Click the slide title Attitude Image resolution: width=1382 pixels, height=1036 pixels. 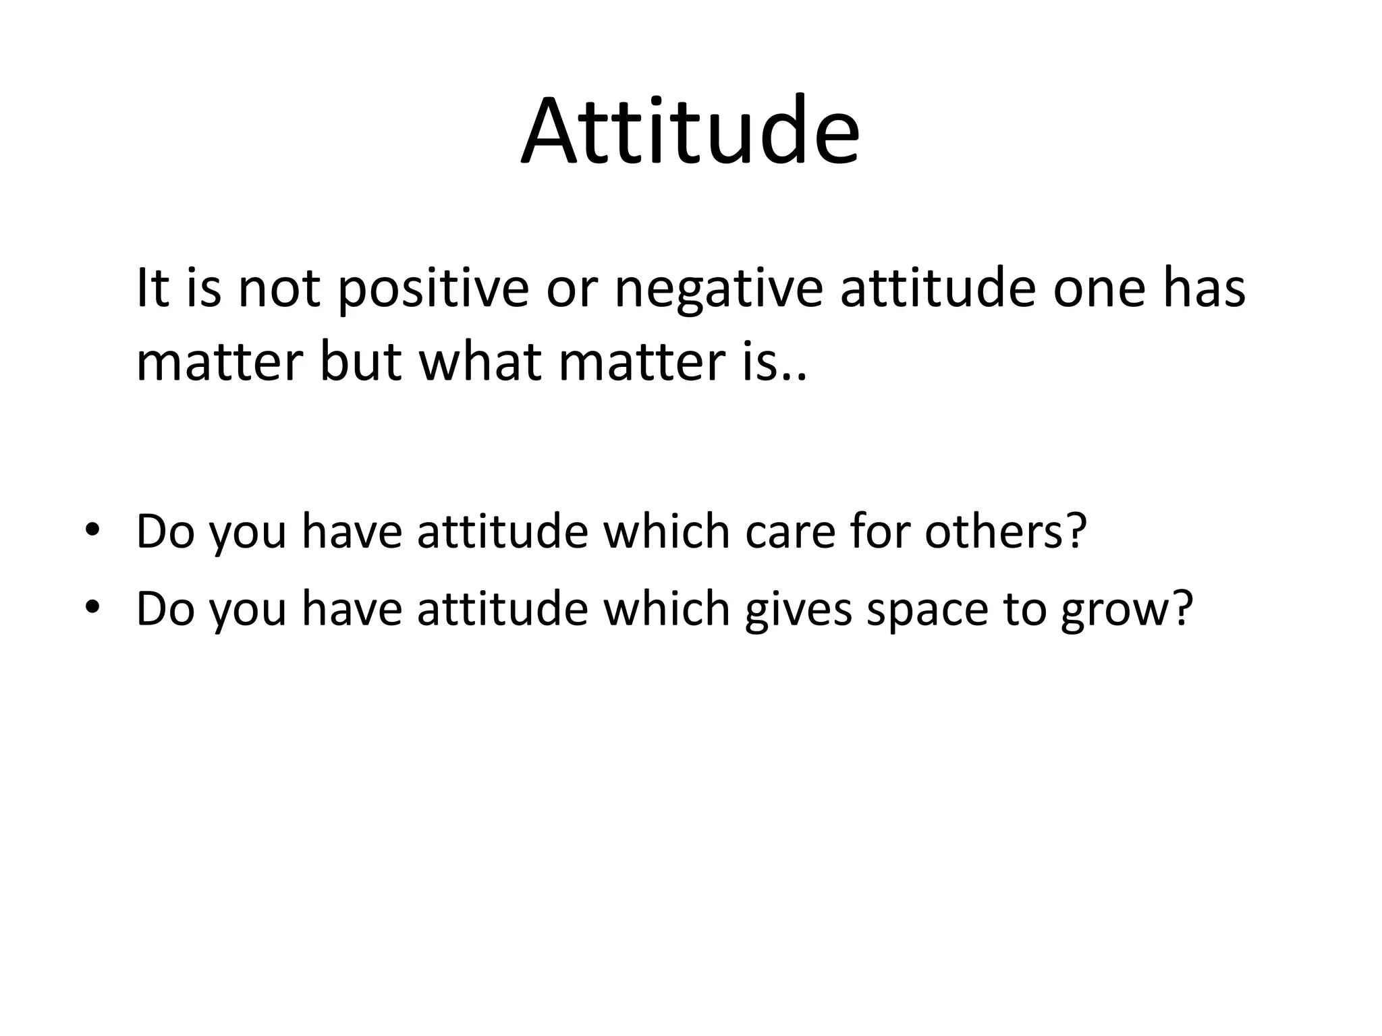[690, 132]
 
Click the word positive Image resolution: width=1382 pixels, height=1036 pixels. [432, 289]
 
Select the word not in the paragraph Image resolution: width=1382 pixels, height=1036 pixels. [279, 289]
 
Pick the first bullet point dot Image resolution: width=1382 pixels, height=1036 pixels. [92, 532]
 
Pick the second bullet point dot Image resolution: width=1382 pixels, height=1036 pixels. [92, 609]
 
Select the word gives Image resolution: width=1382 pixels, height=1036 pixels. [798, 609]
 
